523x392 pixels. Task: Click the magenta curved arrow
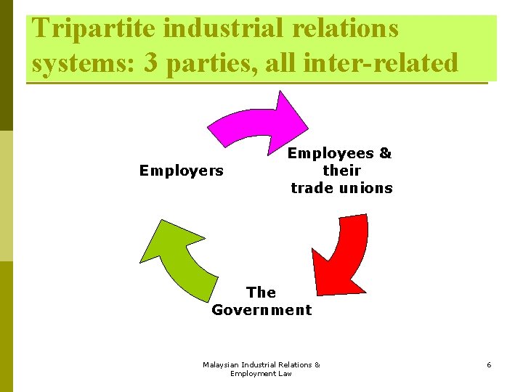coord(254,123)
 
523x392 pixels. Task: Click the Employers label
coord(182,171)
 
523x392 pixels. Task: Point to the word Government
coord(261,310)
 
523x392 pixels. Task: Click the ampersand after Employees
coord(385,153)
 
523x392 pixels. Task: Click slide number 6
coord(489,364)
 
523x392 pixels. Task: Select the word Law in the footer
coord(284,373)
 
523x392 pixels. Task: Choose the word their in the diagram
coord(341,171)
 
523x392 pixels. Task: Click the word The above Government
coord(261,293)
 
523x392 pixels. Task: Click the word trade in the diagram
coord(311,188)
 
